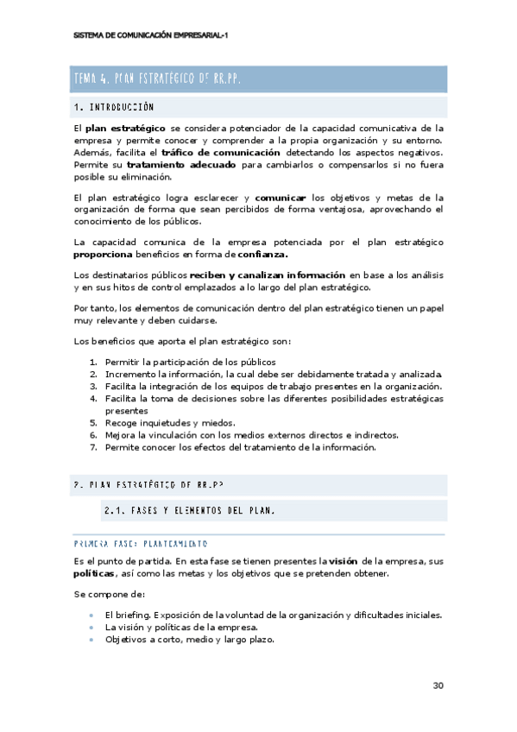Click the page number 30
[438, 685]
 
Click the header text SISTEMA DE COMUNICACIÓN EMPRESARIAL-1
[151, 35]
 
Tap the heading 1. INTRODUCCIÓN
[114, 108]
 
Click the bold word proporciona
[103, 255]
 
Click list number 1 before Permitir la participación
[93, 362]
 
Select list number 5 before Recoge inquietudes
[93, 423]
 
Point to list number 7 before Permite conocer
[93, 448]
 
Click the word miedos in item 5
[219, 423]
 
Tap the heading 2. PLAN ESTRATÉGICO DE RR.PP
[150, 485]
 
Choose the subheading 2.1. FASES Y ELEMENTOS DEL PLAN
[189, 510]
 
